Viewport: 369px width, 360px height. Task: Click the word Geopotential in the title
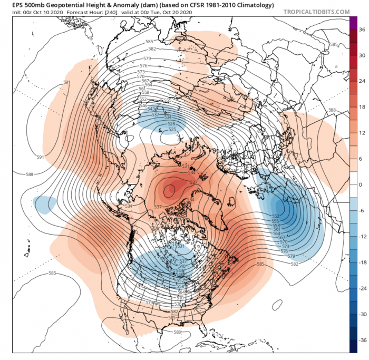[63, 5]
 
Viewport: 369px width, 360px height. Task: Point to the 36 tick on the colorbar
[362, 30]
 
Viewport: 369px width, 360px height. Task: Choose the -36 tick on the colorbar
[363, 340]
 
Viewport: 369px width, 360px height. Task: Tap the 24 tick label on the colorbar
[362, 82]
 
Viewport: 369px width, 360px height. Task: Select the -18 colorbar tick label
[363, 262]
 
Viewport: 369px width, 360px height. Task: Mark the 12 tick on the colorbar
[362, 133]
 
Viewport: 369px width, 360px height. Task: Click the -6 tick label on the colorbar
[362, 211]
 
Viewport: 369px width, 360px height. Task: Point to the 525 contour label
[172, 130]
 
